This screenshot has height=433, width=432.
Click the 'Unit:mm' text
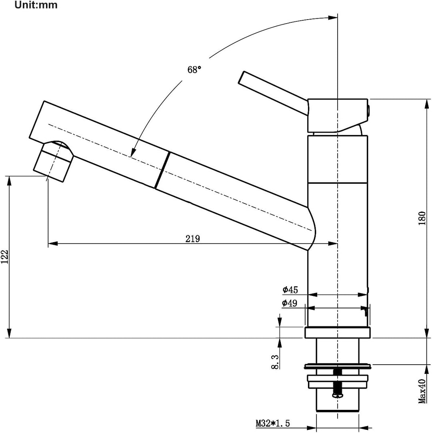36,5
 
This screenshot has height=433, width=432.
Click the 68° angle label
194,70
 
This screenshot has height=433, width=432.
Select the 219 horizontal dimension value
192,238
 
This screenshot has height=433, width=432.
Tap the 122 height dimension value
5,256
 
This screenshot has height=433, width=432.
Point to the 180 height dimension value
422,218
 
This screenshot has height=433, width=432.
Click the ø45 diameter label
290,290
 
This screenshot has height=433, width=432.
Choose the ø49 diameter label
290,303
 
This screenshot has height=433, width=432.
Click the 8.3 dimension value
275,362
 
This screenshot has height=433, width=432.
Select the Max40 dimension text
422,391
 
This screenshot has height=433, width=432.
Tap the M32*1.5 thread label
273,423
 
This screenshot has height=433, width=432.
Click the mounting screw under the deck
338,384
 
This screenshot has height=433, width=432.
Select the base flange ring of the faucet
338,332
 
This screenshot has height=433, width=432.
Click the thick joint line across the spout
162,170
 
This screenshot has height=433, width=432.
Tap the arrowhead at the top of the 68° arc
333,18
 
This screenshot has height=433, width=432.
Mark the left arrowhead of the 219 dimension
53,243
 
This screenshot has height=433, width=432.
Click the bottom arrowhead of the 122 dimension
10,333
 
